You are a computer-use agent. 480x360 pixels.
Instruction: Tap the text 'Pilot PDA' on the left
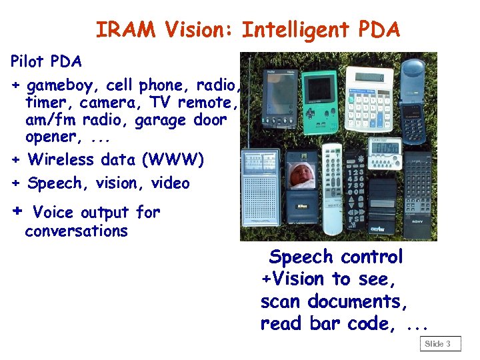47,62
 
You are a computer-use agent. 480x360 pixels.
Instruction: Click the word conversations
76,231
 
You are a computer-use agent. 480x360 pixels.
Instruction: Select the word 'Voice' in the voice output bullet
53,213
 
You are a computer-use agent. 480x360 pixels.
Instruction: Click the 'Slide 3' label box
439,344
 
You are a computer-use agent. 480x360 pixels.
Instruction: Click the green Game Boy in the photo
321,100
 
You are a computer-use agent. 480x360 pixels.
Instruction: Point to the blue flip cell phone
415,100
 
